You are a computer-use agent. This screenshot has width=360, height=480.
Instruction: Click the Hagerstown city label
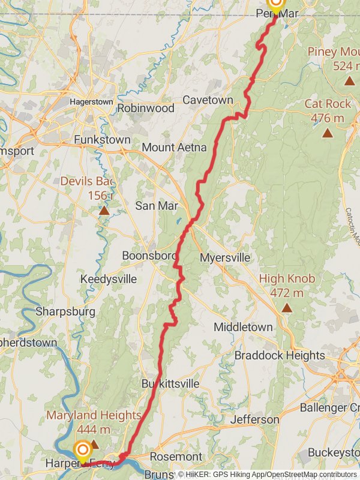point(91,102)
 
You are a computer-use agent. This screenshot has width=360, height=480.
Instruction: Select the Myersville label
point(224,257)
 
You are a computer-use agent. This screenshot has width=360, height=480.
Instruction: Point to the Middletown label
point(243,328)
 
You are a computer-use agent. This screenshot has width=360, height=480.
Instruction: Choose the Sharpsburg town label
point(65,311)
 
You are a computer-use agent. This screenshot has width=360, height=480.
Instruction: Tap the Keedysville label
point(109,279)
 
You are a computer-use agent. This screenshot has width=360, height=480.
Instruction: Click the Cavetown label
point(208,100)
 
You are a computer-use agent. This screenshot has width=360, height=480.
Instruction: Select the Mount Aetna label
point(174,147)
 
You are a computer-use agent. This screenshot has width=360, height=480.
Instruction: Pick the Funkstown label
point(102,139)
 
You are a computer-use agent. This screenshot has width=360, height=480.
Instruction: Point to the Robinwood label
point(146,108)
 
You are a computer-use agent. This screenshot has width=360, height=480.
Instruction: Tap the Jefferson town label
point(255,419)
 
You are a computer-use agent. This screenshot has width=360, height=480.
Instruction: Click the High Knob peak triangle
point(287,308)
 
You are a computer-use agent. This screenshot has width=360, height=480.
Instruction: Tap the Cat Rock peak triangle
point(327,133)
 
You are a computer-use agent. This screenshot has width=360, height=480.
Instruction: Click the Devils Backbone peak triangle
point(104,211)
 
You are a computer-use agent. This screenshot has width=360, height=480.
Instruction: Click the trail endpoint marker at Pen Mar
point(275,4)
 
